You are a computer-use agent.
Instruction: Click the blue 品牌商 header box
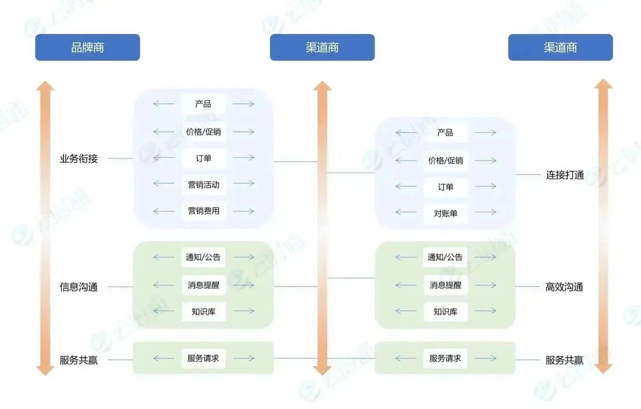pos(87,47)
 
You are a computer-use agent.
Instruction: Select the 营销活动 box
pos(204,185)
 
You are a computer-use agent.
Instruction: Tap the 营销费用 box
pos(204,211)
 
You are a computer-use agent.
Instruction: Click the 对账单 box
pos(445,213)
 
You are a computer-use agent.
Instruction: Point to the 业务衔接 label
pos(78,158)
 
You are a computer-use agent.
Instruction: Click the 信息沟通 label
pos(78,287)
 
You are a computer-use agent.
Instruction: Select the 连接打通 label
pos(564,175)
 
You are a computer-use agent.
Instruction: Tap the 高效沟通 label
pos(564,287)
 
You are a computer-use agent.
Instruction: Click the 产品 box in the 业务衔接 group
pos(204,104)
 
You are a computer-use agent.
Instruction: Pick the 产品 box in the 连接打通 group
pos(445,132)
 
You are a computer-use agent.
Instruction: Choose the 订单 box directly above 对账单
pos(445,187)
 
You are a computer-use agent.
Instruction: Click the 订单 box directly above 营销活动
pos(204,158)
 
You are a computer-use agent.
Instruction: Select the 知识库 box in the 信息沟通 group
pos(204,311)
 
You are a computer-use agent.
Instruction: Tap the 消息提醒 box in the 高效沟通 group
pos(445,285)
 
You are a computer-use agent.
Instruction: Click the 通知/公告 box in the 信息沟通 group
pos(204,257)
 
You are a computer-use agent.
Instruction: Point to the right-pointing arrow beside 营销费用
pos(243,211)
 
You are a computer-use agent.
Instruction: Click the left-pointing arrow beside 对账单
pos(406,213)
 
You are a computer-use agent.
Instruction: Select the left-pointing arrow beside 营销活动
pos(164,184)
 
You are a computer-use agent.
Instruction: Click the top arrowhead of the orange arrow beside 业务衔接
pos(45,87)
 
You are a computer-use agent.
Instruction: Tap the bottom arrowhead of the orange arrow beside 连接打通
pos(603,367)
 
